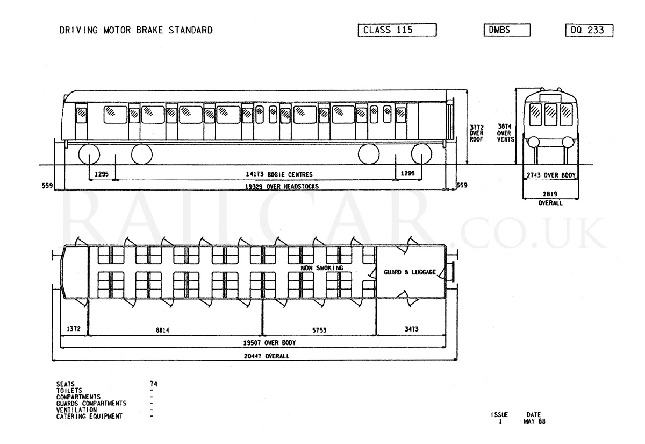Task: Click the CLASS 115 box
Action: tap(397, 30)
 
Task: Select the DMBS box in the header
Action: tap(507, 30)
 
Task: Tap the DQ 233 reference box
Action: tap(589, 30)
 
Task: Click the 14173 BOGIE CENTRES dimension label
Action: tap(279, 174)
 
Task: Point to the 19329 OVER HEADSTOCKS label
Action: tap(282, 187)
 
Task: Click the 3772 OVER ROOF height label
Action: tap(477, 133)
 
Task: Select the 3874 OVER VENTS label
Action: tap(505, 133)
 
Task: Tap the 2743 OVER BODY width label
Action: tap(551, 175)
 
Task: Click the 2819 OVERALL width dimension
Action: tap(550, 199)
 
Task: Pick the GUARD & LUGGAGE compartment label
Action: tap(410, 272)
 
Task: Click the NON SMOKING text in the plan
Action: tap(322, 268)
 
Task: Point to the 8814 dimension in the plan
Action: tap(162, 330)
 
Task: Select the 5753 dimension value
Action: tap(319, 330)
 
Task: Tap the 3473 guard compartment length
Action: tap(411, 329)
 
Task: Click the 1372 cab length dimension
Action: tap(74, 329)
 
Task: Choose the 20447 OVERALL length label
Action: tap(267, 356)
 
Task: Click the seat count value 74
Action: tap(154, 384)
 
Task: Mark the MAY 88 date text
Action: tap(534, 421)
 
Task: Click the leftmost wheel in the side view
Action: tap(89, 154)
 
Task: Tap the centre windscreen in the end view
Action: tap(550, 115)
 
